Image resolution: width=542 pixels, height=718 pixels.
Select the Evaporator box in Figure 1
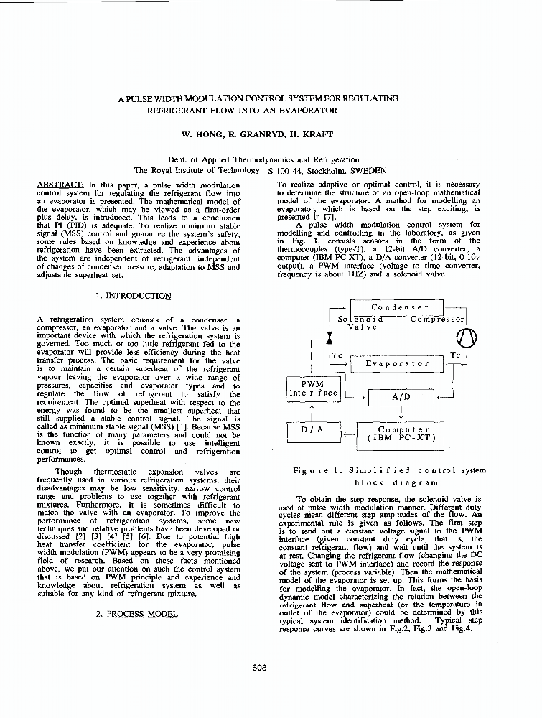coord(397,363)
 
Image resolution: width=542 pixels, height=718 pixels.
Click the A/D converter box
coord(401,396)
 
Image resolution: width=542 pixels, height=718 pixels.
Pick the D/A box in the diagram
coord(310,431)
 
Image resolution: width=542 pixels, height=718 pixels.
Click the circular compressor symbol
coord(457,336)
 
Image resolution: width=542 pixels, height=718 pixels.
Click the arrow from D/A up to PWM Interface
coord(312,411)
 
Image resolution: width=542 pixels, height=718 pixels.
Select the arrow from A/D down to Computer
coord(400,414)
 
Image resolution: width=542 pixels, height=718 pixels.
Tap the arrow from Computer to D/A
coord(347,433)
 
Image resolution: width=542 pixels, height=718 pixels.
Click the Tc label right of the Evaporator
coord(454,355)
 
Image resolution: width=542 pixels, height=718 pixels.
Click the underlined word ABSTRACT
coord(60,185)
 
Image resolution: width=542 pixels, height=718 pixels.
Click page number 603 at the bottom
coord(260,667)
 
